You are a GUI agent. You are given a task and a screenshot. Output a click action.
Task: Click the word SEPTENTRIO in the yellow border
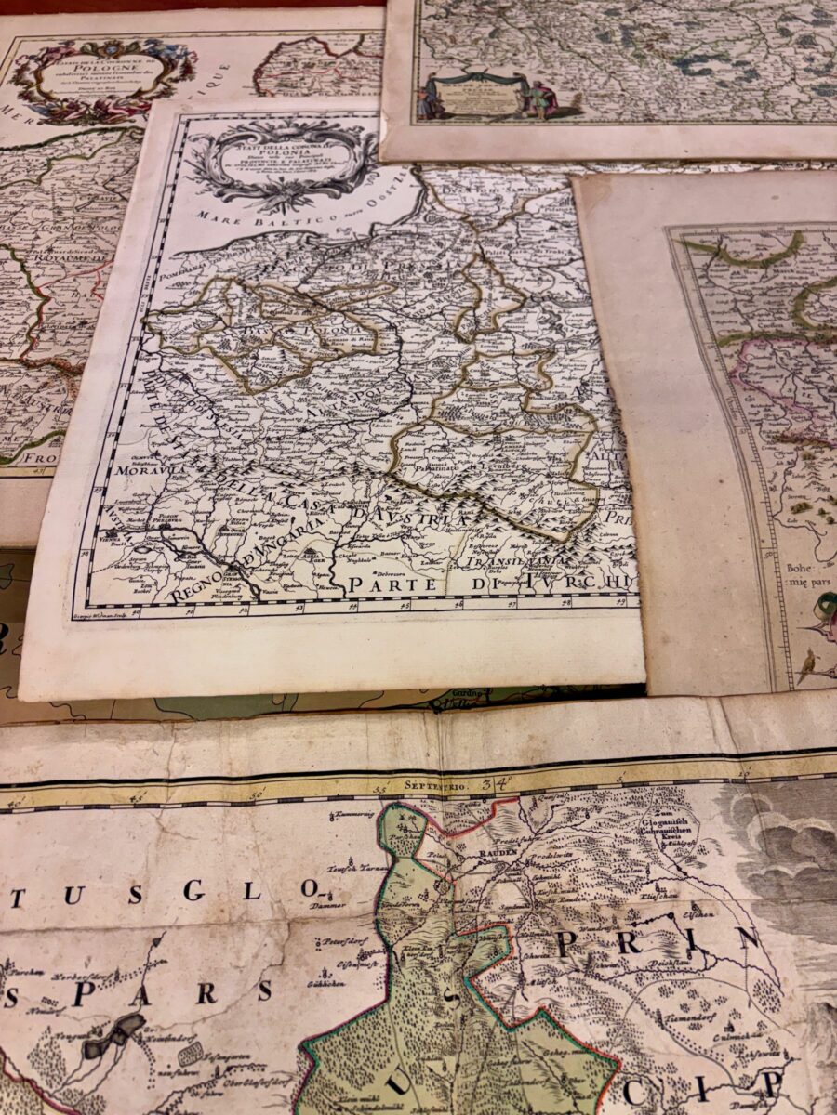point(434,785)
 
